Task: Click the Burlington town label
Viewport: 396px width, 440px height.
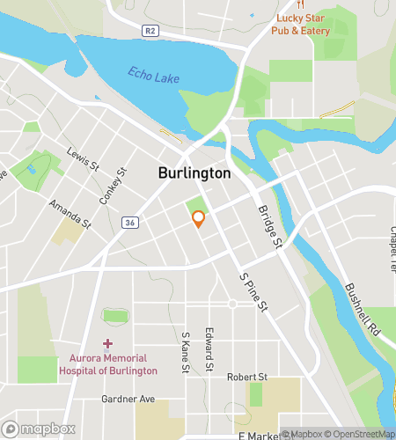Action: click(194, 173)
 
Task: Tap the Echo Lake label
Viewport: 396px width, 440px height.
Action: click(153, 76)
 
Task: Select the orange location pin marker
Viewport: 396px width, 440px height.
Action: click(199, 219)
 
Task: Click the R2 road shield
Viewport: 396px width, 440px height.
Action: click(150, 30)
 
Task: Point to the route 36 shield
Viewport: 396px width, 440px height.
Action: click(130, 224)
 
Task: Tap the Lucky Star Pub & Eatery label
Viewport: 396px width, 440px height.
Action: click(301, 25)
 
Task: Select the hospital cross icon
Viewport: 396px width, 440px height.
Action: click(107, 343)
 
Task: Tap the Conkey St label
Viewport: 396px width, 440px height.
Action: click(114, 186)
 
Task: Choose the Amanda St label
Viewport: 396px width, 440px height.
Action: click(70, 214)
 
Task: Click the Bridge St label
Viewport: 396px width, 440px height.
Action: click(268, 226)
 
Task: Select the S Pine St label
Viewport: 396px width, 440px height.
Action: click(254, 294)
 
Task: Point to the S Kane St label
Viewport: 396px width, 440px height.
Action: click(186, 353)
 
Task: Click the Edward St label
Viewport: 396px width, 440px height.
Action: click(209, 349)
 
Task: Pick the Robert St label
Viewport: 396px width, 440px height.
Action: click(246, 377)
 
